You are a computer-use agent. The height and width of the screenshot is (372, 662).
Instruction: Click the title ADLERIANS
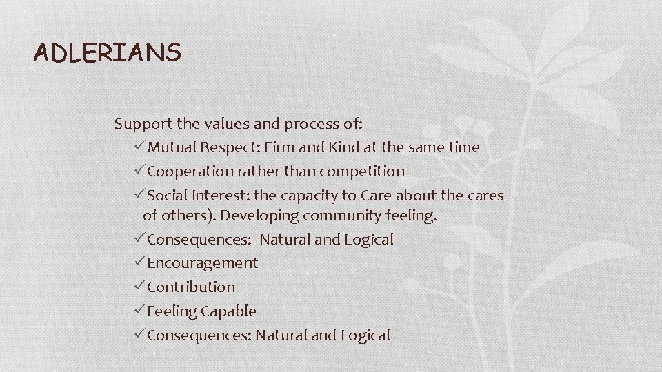pyautogui.click(x=108, y=52)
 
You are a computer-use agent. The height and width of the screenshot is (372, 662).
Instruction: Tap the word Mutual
pyautogui.click(x=171, y=147)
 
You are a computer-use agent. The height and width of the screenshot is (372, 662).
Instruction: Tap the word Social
pyautogui.click(x=166, y=196)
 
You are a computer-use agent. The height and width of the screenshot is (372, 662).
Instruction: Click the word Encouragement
pyautogui.click(x=202, y=263)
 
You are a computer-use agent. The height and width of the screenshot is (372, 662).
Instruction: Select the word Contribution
pyautogui.click(x=191, y=287)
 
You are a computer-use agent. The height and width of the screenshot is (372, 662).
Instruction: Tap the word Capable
pyautogui.click(x=228, y=311)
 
